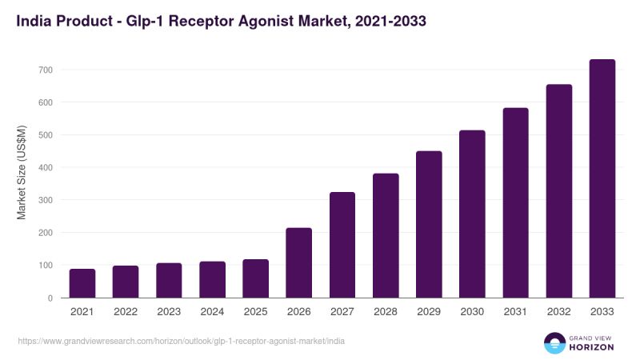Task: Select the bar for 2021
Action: click(x=82, y=283)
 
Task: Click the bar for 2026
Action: click(x=298, y=263)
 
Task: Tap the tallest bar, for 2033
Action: click(x=602, y=178)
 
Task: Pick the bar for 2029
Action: click(x=429, y=225)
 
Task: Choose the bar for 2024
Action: click(x=212, y=279)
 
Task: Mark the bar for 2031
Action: click(x=515, y=203)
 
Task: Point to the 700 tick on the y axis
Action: click(x=46, y=70)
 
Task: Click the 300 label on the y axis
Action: click(x=46, y=200)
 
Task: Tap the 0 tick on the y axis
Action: click(x=50, y=298)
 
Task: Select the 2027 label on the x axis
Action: click(x=342, y=312)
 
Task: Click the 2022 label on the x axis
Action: click(x=126, y=312)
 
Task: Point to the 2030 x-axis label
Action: click(x=472, y=312)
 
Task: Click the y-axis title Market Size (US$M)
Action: click(x=22, y=172)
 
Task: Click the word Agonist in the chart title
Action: click(x=266, y=22)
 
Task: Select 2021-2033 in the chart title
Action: click(x=390, y=21)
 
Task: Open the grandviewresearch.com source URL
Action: click(x=182, y=342)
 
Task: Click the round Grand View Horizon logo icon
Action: click(x=554, y=343)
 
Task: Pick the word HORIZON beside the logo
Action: click(x=591, y=347)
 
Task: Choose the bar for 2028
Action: click(x=386, y=235)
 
